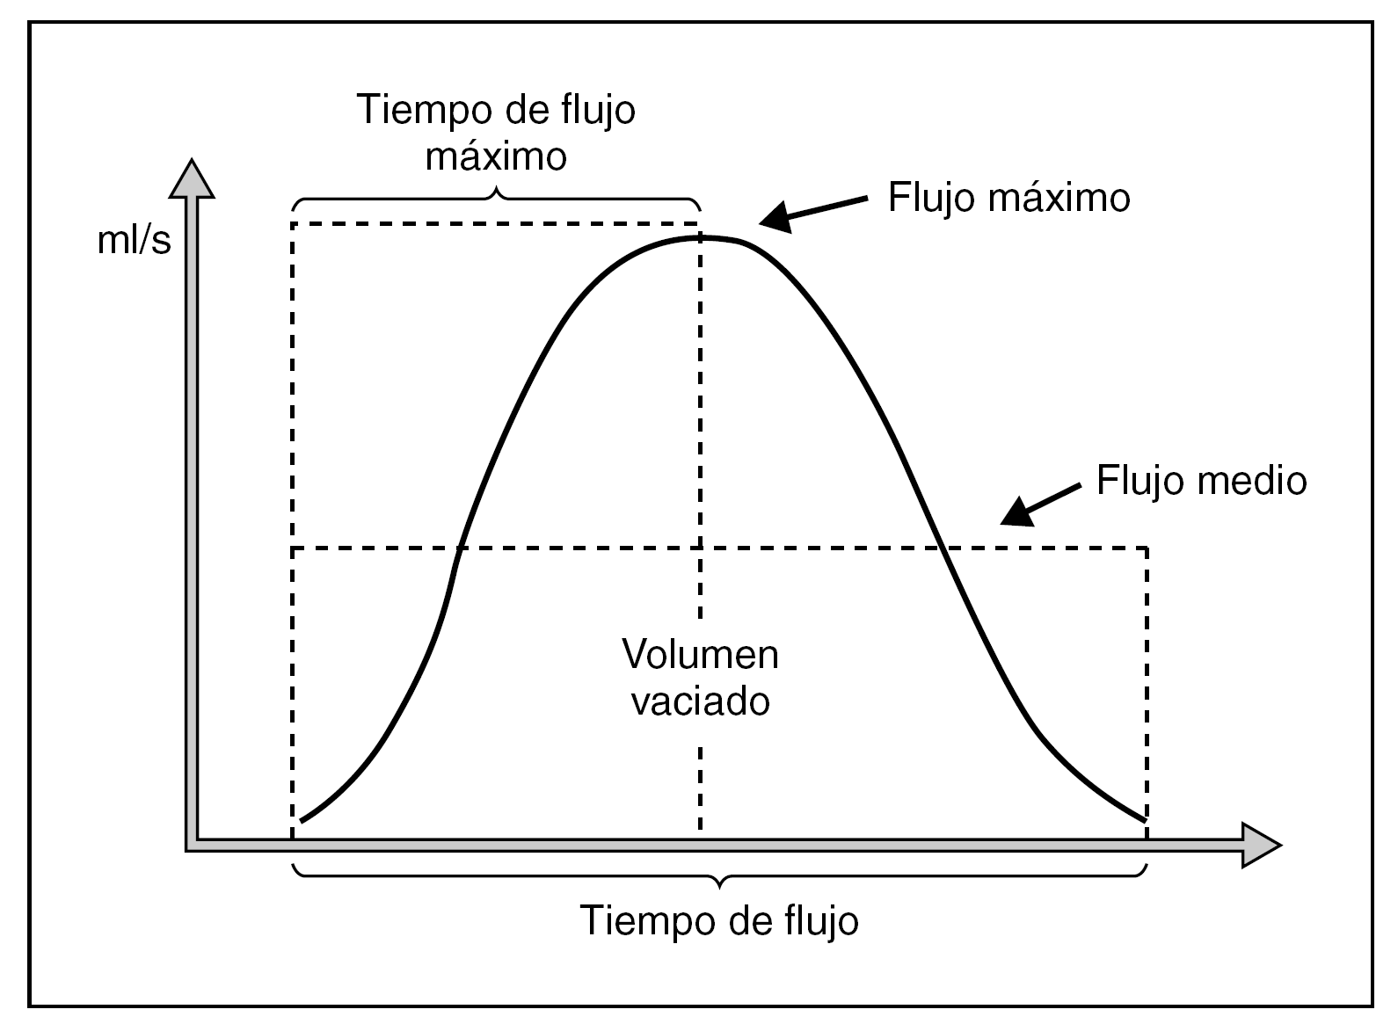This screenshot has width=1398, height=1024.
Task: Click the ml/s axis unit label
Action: tap(134, 240)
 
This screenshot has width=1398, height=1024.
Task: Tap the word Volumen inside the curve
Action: tap(700, 655)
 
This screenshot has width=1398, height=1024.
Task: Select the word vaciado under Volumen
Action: tap(700, 701)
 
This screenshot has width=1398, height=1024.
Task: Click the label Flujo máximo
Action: tap(1008, 197)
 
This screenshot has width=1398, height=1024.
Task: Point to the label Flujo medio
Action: tap(1201, 481)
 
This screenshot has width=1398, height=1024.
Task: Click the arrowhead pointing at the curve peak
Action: tap(774, 218)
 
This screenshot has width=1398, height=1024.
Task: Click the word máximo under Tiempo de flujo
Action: tap(496, 156)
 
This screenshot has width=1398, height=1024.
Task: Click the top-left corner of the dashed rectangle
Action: tap(293, 223)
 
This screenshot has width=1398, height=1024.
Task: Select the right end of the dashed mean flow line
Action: tap(1147, 549)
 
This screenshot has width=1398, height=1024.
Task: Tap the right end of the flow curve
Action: tap(1145, 819)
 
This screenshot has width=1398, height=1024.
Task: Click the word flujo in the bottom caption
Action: tap(819, 920)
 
